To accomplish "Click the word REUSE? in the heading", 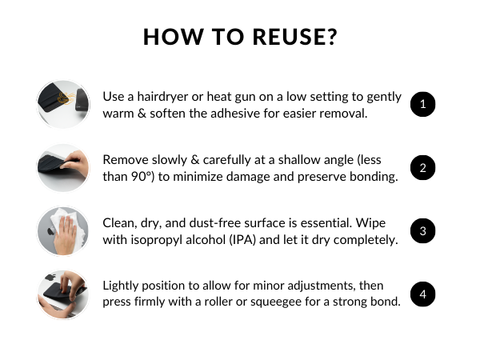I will [x=289, y=38].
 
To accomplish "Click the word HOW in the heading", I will [x=169, y=38].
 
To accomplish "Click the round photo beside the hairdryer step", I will [x=64, y=104].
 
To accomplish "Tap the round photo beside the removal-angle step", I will [x=64, y=168].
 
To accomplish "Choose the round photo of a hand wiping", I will [x=64, y=231].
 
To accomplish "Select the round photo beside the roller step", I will [x=64, y=294].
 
